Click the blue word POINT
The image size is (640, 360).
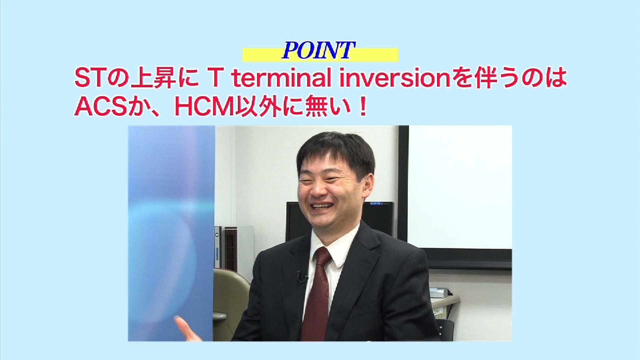[x=318, y=50]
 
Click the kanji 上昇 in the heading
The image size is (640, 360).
[x=153, y=78]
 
